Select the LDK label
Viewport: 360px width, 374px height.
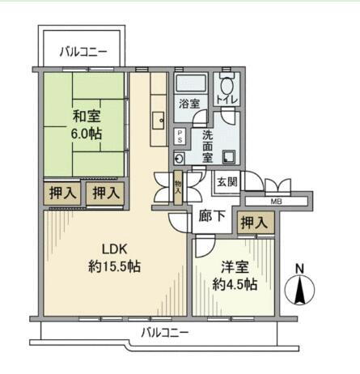[114, 248]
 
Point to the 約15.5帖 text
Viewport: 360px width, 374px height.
[114, 266]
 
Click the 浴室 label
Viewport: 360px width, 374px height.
[189, 103]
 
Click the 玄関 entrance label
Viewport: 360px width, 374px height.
[227, 182]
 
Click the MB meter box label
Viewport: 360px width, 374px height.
[275, 200]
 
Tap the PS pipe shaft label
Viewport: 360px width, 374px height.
[180, 137]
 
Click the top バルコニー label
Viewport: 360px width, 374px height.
[83, 53]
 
